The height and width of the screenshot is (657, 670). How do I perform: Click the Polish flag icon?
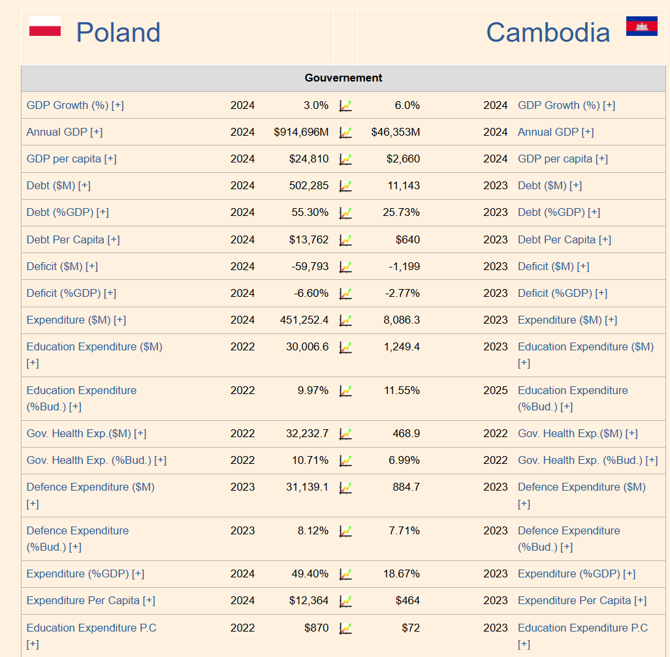click(x=45, y=27)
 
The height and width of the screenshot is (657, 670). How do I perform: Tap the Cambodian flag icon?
click(x=641, y=26)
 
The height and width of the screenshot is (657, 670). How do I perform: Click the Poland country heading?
click(x=118, y=33)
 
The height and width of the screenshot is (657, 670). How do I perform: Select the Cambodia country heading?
click(x=548, y=33)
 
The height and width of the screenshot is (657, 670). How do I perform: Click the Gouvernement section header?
click(x=343, y=78)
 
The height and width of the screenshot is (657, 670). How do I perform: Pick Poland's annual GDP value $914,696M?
click(x=301, y=132)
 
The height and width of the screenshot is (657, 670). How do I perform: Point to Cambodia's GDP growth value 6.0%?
click(x=407, y=106)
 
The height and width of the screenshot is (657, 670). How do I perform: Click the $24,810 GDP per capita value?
click(x=309, y=159)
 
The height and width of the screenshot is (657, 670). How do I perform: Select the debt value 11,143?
click(x=404, y=186)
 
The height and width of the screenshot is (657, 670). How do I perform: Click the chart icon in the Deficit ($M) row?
click(x=345, y=267)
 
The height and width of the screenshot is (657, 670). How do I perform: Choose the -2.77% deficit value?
click(x=403, y=294)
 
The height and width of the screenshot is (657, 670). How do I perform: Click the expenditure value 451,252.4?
click(x=304, y=320)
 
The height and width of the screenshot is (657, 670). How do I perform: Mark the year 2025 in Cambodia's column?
click(x=495, y=391)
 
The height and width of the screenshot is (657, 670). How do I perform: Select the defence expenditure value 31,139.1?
click(x=307, y=487)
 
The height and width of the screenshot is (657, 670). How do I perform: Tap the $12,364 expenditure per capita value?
click(x=309, y=601)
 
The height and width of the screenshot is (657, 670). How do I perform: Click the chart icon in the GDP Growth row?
click(x=345, y=106)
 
